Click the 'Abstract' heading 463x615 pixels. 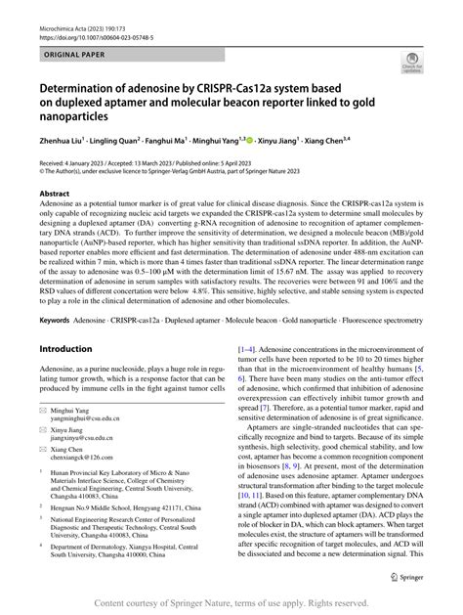tap(55, 195)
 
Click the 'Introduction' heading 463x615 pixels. tap(65, 349)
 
